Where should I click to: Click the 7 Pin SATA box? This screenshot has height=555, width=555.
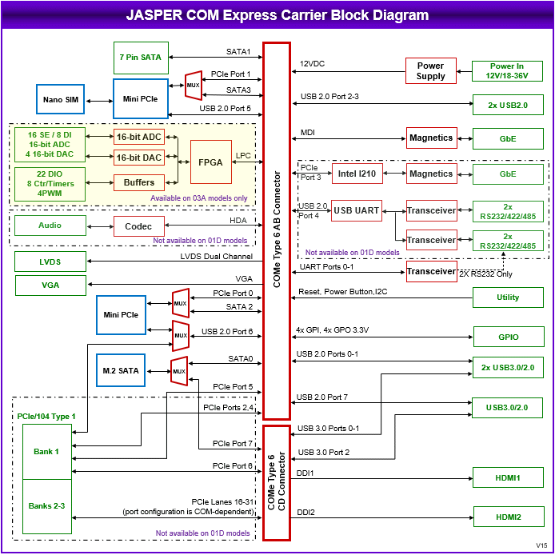(x=141, y=58)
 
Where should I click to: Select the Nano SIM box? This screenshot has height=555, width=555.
(x=60, y=99)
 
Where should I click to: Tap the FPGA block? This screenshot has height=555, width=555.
(x=211, y=161)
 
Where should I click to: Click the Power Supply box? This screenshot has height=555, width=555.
(x=430, y=71)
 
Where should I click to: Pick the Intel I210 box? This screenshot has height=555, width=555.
(x=357, y=174)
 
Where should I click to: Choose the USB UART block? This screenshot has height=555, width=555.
(x=355, y=210)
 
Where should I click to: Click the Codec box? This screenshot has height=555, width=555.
(x=138, y=226)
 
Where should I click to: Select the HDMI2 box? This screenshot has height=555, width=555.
(x=508, y=518)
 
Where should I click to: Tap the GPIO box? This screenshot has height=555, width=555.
(x=508, y=337)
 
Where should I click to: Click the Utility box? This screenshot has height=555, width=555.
(x=508, y=297)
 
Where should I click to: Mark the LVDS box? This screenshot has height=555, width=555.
(x=50, y=262)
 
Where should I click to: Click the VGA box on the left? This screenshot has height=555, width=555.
(x=50, y=285)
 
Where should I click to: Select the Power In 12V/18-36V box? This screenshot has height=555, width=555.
(x=508, y=71)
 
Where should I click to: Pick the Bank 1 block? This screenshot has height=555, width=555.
(x=46, y=452)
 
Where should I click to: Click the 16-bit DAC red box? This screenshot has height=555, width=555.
(x=138, y=158)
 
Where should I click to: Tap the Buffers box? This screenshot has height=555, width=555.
(x=138, y=183)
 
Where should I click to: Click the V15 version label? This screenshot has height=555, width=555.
(x=542, y=545)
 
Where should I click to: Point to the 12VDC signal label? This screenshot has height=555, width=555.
(x=312, y=64)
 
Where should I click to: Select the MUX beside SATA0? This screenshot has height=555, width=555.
(x=179, y=370)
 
